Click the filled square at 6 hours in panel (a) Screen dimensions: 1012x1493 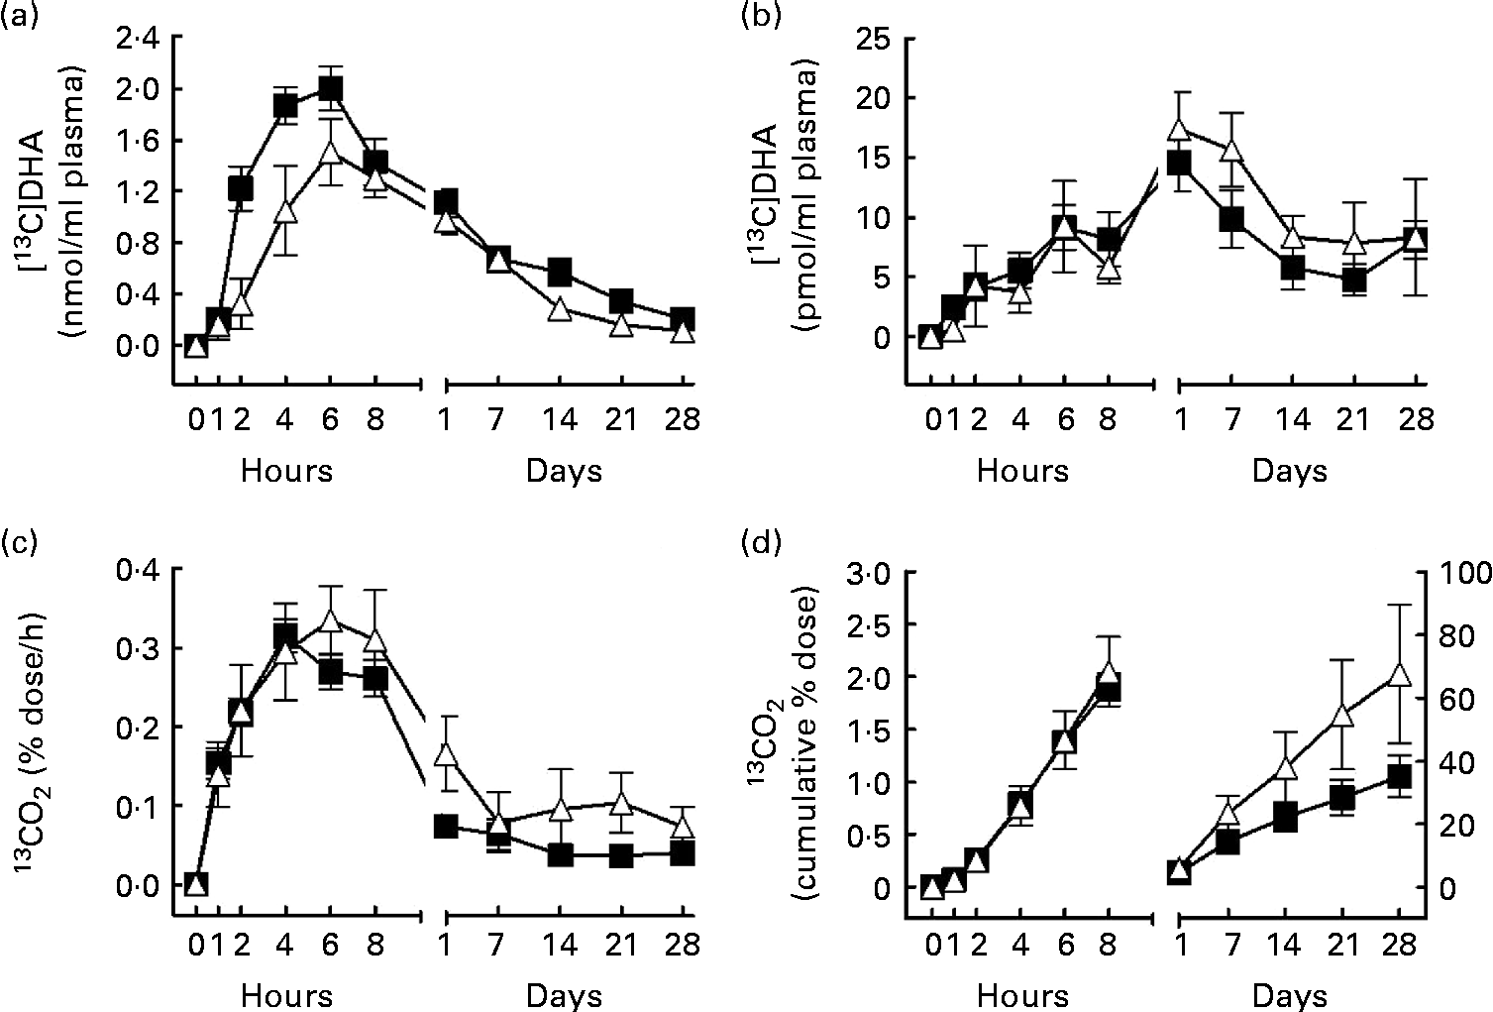pyautogui.click(x=330, y=90)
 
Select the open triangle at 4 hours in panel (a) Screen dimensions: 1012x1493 pyautogui.click(x=285, y=211)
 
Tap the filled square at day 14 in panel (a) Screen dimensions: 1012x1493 pyautogui.click(x=560, y=271)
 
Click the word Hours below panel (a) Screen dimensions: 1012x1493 pyautogui.click(x=286, y=470)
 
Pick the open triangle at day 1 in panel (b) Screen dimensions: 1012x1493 pyautogui.click(x=1179, y=130)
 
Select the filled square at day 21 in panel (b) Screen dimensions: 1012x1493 pyautogui.click(x=1354, y=280)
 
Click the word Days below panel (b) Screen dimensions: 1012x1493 pyautogui.click(x=1289, y=470)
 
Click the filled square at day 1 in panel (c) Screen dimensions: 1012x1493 pyautogui.click(x=445, y=827)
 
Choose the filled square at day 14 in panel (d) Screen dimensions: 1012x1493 pyautogui.click(x=1286, y=818)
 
